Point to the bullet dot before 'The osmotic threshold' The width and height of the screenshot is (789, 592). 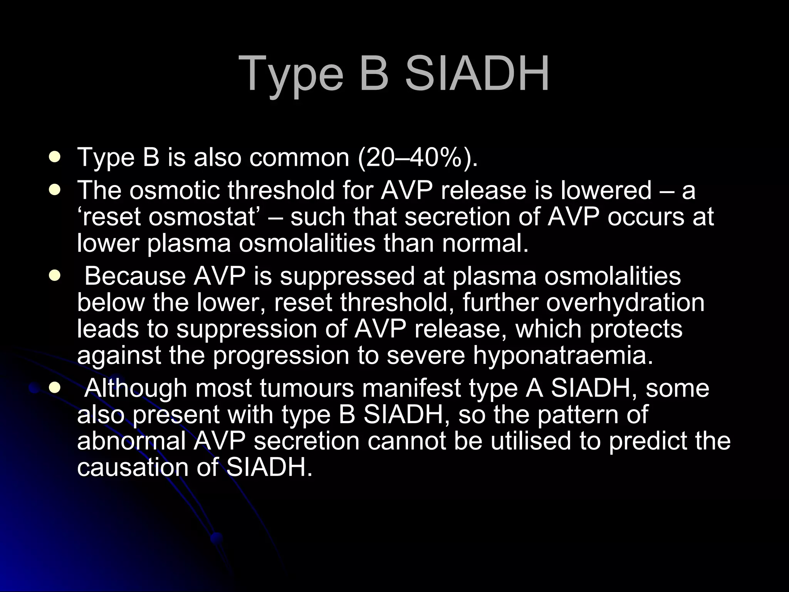55,190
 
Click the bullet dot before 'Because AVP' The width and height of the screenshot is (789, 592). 55,276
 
